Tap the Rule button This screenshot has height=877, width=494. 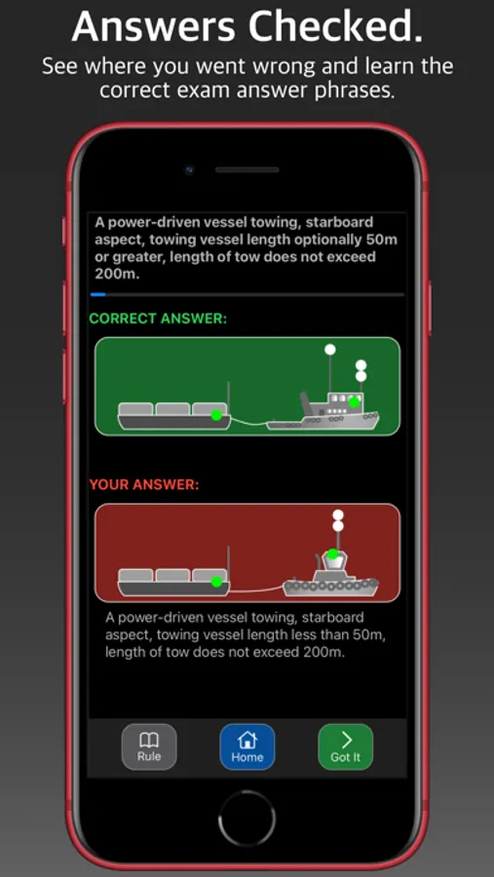click(149, 746)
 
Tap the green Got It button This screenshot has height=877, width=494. click(345, 746)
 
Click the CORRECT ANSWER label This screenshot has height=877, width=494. click(158, 319)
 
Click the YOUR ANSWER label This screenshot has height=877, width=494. click(144, 485)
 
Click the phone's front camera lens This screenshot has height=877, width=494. click(189, 170)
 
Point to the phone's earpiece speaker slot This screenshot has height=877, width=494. click(247, 170)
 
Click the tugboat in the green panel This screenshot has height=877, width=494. click(323, 411)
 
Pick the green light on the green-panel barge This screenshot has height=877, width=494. click(216, 415)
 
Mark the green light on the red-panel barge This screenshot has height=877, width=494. click(216, 582)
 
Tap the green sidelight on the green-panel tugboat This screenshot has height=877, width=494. click(354, 401)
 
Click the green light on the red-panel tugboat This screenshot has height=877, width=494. click(333, 554)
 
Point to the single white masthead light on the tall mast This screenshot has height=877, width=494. click(330, 350)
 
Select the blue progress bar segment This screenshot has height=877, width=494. click(97, 294)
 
